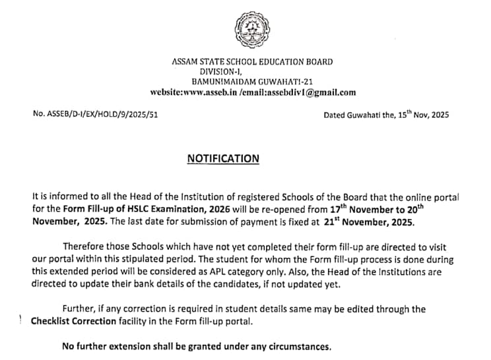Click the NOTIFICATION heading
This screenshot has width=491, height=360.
pos(223,158)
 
